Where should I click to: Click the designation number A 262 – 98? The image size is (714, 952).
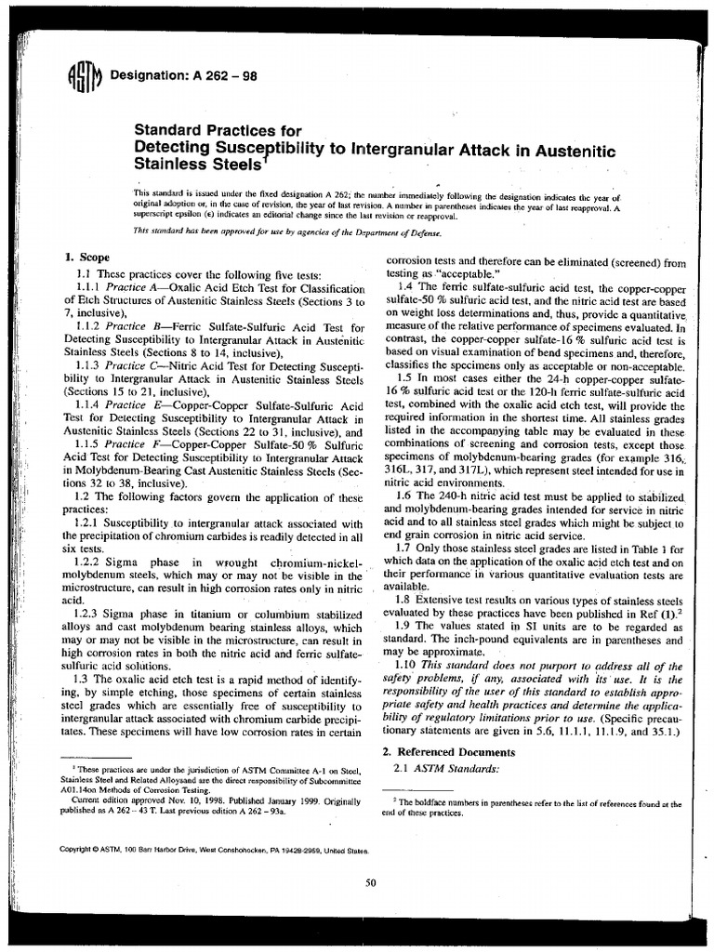coord(212,76)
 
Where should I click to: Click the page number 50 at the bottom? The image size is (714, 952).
coord(370,883)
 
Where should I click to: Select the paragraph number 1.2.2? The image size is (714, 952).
coord(91,563)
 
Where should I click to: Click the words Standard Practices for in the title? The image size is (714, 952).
coord(218,130)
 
